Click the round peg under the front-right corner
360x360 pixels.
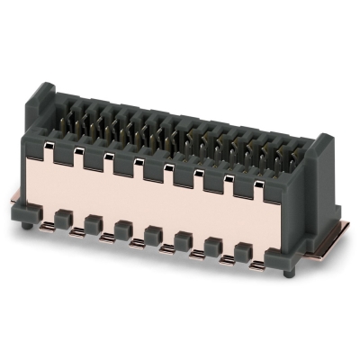tap(288, 271)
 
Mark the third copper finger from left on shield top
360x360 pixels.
tap(110, 155)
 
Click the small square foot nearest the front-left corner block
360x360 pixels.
tap(64, 217)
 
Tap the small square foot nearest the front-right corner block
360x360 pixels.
tap(241, 250)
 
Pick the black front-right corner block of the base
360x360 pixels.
tap(288, 255)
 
